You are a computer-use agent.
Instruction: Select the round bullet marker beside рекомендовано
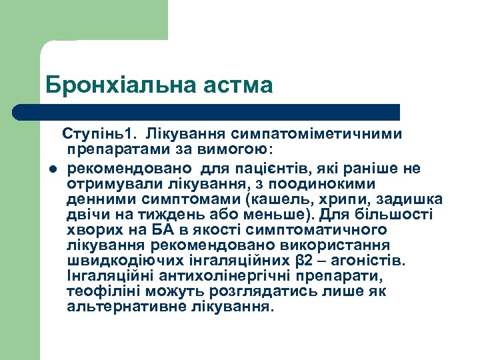coord(51,169)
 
